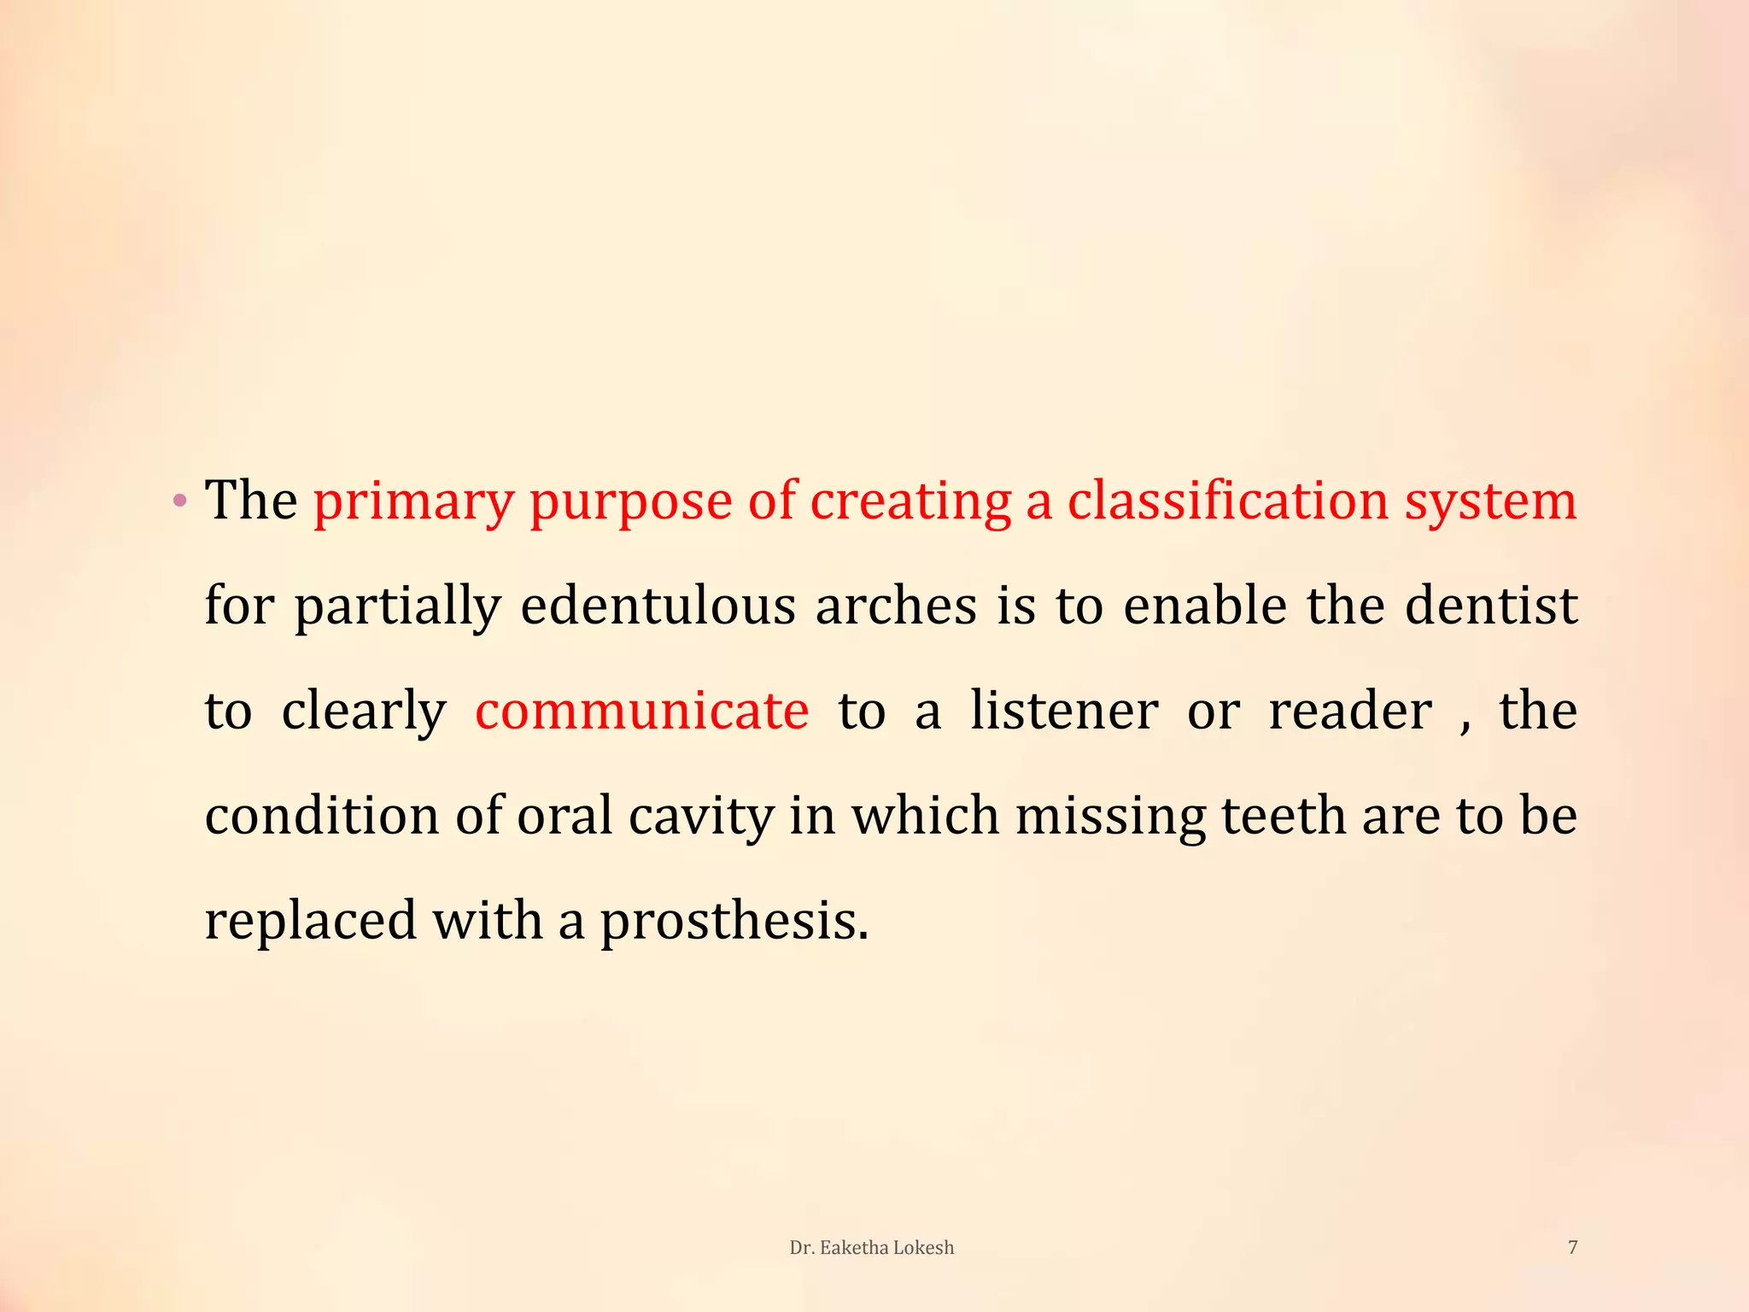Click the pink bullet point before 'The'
point(178,501)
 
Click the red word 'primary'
point(412,501)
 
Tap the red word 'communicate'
point(641,711)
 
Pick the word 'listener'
point(1064,711)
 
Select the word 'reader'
point(1350,711)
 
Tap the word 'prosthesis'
point(734,922)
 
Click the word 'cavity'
point(700,817)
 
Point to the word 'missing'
point(1110,817)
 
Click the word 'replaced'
point(311,922)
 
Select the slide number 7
point(1572,1247)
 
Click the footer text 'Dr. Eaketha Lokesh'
point(871,1248)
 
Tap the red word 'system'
point(1490,501)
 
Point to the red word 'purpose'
point(630,503)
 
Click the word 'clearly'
point(364,712)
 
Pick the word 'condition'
point(322,816)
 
